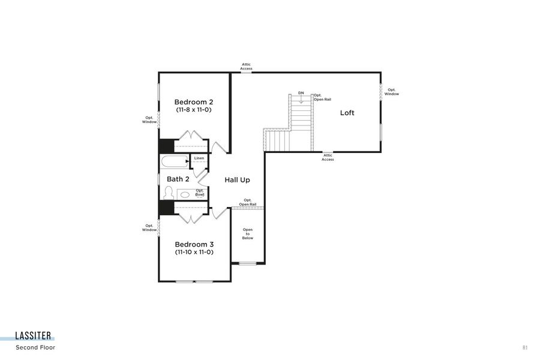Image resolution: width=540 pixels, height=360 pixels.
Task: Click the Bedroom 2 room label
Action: (x=193, y=101)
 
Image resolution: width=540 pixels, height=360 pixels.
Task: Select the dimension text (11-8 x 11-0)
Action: (x=193, y=110)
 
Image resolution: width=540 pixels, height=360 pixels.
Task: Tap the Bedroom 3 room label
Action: (x=194, y=244)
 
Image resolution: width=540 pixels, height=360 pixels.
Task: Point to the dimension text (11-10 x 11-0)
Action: (x=194, y=253)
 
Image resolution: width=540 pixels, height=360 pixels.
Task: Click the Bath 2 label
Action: (x=178, y=179)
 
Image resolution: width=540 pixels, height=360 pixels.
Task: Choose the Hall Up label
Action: (x=237, y=180)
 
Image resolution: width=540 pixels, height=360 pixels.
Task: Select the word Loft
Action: (x=347, y=113)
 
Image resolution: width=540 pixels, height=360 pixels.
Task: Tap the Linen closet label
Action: (x=199, y=158)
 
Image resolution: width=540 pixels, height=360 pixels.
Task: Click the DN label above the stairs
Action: (x=301, y=93)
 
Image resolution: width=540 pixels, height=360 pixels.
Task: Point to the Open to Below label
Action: (x=248, y=234)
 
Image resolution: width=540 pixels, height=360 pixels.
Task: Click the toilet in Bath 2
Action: (x=169, y=193)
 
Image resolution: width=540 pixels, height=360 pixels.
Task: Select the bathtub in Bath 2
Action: (x=174, y=161)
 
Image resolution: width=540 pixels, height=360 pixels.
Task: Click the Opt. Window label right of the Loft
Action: (x=391, y=92)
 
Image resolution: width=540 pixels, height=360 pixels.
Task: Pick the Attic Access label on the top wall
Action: (x=247, y=67)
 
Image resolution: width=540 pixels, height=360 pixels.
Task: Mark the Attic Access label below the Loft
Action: (x=328, y=157)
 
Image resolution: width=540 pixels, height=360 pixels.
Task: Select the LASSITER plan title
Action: (x=34, y=336)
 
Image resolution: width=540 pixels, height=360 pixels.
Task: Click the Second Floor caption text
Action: (x=35, y=347)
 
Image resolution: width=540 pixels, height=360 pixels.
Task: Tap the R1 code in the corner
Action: (x=525, y=347)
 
